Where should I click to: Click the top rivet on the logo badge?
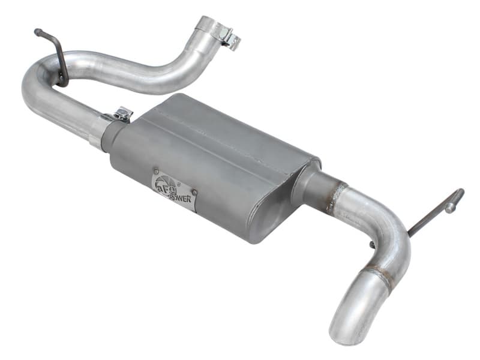point(157,171)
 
